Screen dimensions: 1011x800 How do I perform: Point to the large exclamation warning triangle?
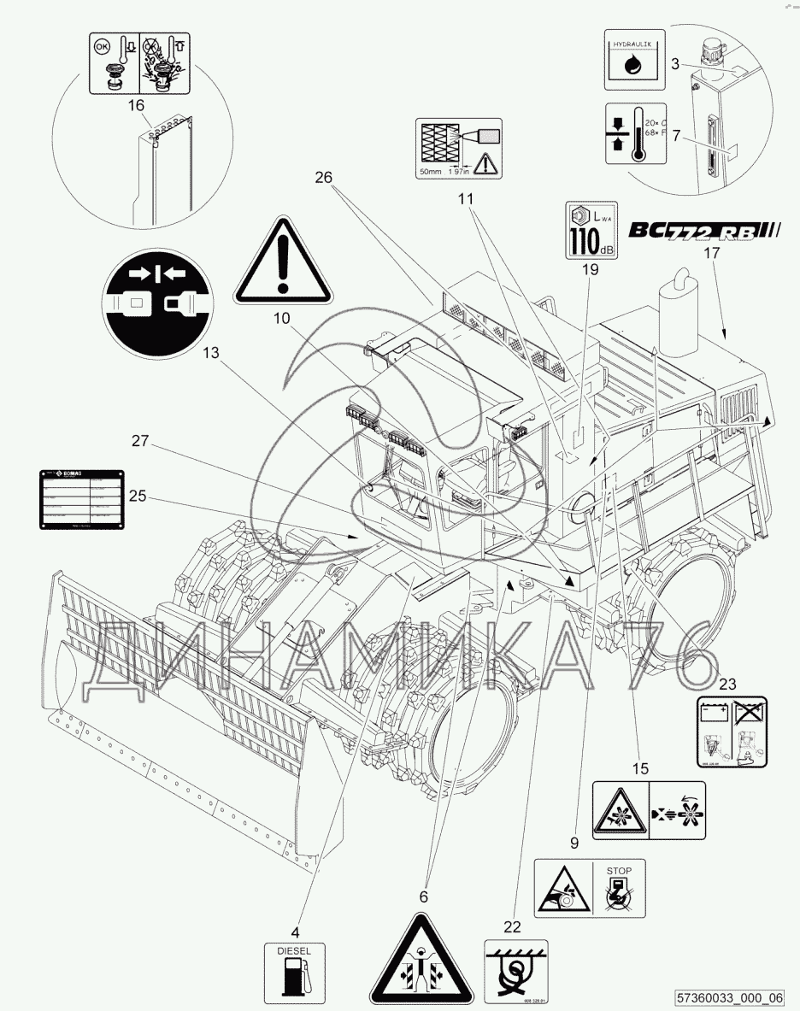coord(283,256)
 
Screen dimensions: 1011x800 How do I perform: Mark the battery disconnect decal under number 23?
coord(732,727)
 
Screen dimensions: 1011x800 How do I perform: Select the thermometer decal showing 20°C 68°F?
coord(633,133)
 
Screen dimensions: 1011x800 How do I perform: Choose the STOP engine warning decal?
coord(590,890)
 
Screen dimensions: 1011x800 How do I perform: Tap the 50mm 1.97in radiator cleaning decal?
coord(456,147)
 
